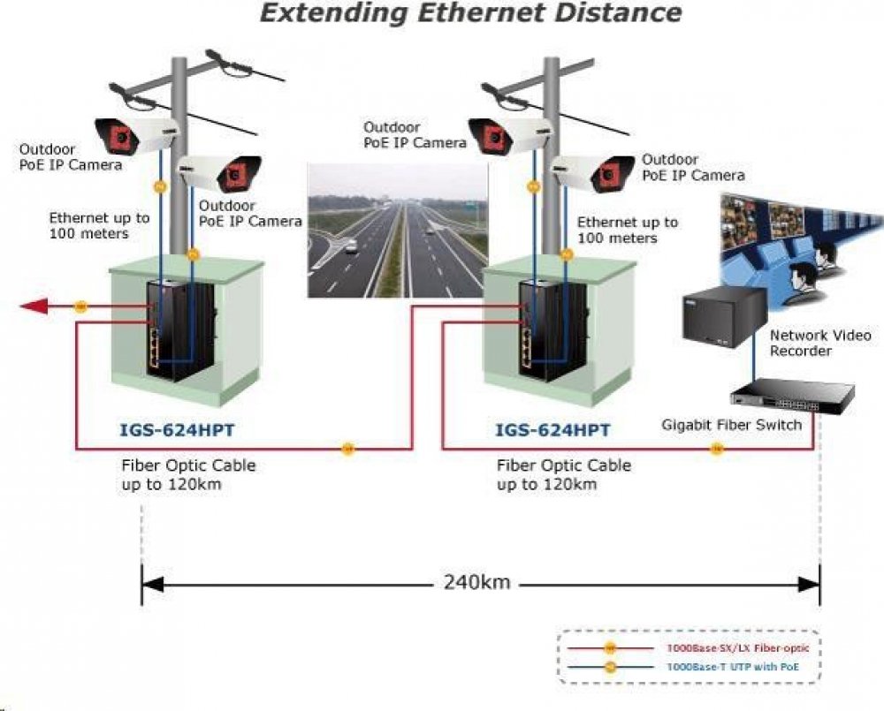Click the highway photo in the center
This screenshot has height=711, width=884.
click(397, 231)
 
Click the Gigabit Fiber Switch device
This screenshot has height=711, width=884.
click(792, 394)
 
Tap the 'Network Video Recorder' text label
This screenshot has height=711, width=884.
click(819, 343)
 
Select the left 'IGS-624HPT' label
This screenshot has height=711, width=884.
click(177, 430)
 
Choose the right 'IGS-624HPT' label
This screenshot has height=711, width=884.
click(553, 430)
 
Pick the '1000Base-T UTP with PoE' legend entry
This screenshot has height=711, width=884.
click(733, 667)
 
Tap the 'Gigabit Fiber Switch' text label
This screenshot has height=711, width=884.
click(731, 425)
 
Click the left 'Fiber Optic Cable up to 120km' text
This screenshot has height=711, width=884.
click(187, 474)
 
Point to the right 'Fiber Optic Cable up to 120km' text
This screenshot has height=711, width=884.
click(563, 474)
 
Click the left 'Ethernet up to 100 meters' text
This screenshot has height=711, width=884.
click(99, 225)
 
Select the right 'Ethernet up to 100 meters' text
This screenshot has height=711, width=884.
click(627, 231)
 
